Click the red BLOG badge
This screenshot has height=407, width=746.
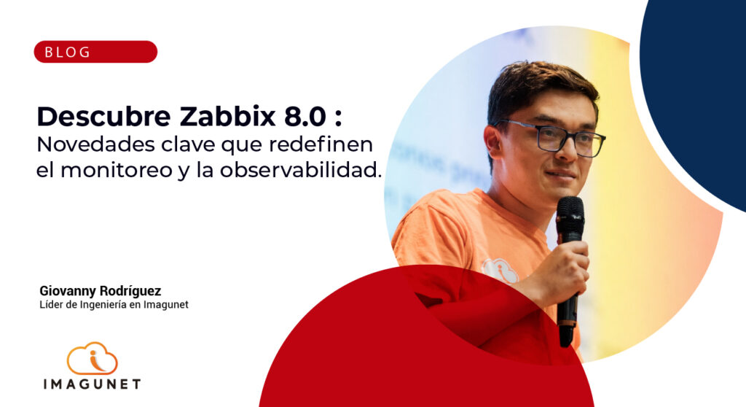[95, 52]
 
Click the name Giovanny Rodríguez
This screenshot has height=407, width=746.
[100, 290]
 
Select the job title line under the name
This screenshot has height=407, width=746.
[114, 304]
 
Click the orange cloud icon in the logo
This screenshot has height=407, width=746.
[93, 358]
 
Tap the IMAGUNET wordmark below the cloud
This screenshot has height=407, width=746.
[91, 384]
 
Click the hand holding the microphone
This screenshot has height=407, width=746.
[568, 267]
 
